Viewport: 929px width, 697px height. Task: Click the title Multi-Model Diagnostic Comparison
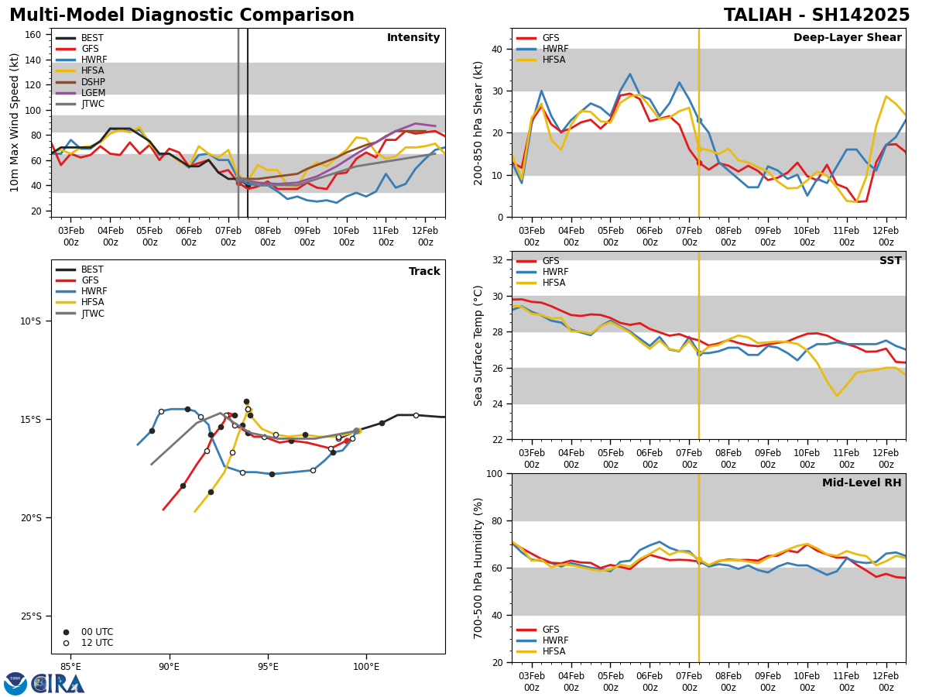[x=182, y=15]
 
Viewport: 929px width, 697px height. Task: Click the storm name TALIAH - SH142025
[x=817, y=15]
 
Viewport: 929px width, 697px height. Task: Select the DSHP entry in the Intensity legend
[x=93, y=82]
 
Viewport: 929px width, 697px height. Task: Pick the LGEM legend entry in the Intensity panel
[x=93, y=93]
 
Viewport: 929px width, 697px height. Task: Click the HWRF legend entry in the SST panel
[x=555, y=272]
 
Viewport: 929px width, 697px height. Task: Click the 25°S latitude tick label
[x=31, y=616]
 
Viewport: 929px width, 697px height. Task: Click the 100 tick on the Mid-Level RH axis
[x=497, y=473]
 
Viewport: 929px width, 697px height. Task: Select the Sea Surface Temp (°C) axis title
[x=478, y=345]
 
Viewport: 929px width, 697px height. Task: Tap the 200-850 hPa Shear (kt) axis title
[x=478, y=122]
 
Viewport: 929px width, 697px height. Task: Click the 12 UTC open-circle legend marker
[x=66, y=643]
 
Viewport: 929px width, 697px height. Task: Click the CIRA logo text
[x=58, y=684]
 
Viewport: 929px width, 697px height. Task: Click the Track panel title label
[x=424, y=272]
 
